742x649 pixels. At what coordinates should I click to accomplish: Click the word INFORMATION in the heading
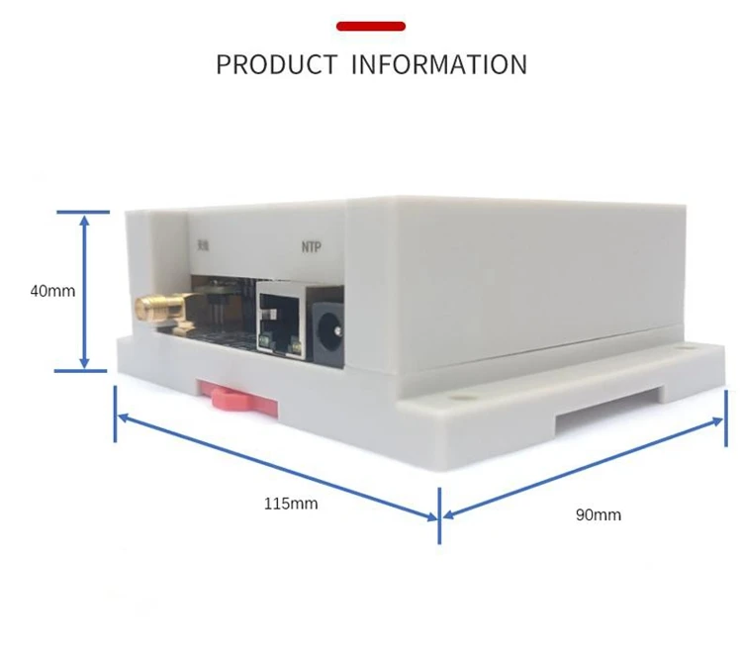pos(439,65)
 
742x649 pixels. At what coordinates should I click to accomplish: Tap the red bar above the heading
pos(371,26)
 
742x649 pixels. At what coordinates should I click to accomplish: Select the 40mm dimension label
pos(52,291)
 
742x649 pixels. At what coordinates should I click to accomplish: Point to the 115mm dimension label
pos(291,504)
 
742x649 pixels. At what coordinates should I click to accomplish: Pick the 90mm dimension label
pos(599,514)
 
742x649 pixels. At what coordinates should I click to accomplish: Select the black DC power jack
pos(325,324)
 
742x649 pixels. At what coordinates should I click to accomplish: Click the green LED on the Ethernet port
pos(265,344)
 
